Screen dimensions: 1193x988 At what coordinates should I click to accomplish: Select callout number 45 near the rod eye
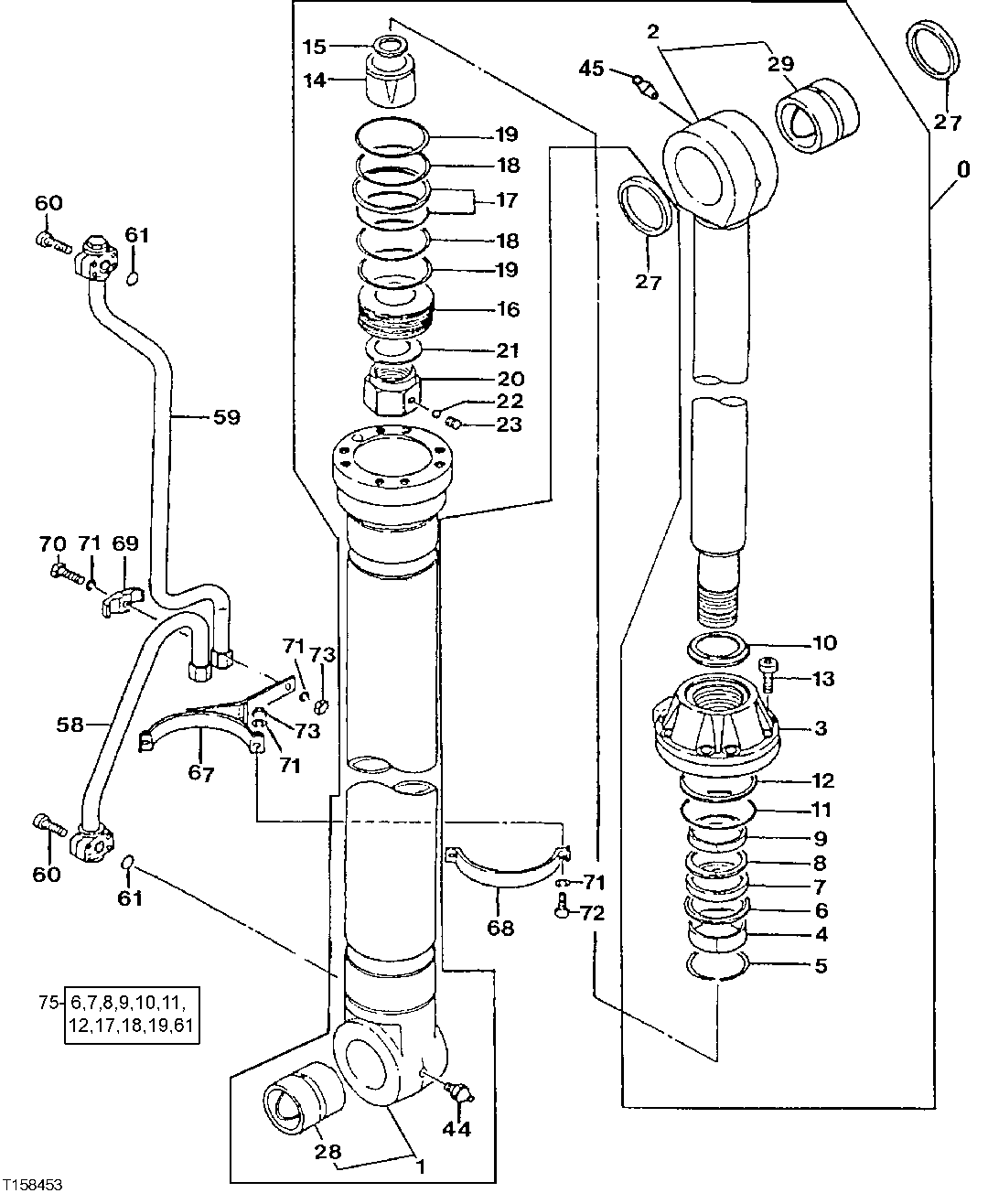coord(592,68)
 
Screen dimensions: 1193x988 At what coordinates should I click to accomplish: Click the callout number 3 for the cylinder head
coord(821,728)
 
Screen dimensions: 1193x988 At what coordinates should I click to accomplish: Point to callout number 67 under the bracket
coord(201,774)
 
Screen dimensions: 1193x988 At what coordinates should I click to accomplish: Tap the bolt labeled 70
coord(60,572)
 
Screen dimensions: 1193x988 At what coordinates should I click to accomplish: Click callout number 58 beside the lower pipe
coord(69,725)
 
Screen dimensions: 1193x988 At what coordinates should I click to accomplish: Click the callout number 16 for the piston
coord(508,309)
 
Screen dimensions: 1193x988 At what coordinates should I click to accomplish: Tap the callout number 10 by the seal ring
coord(824,643)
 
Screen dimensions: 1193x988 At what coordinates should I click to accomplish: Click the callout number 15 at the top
coord(314,46)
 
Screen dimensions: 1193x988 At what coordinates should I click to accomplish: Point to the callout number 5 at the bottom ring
coord(821,965)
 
